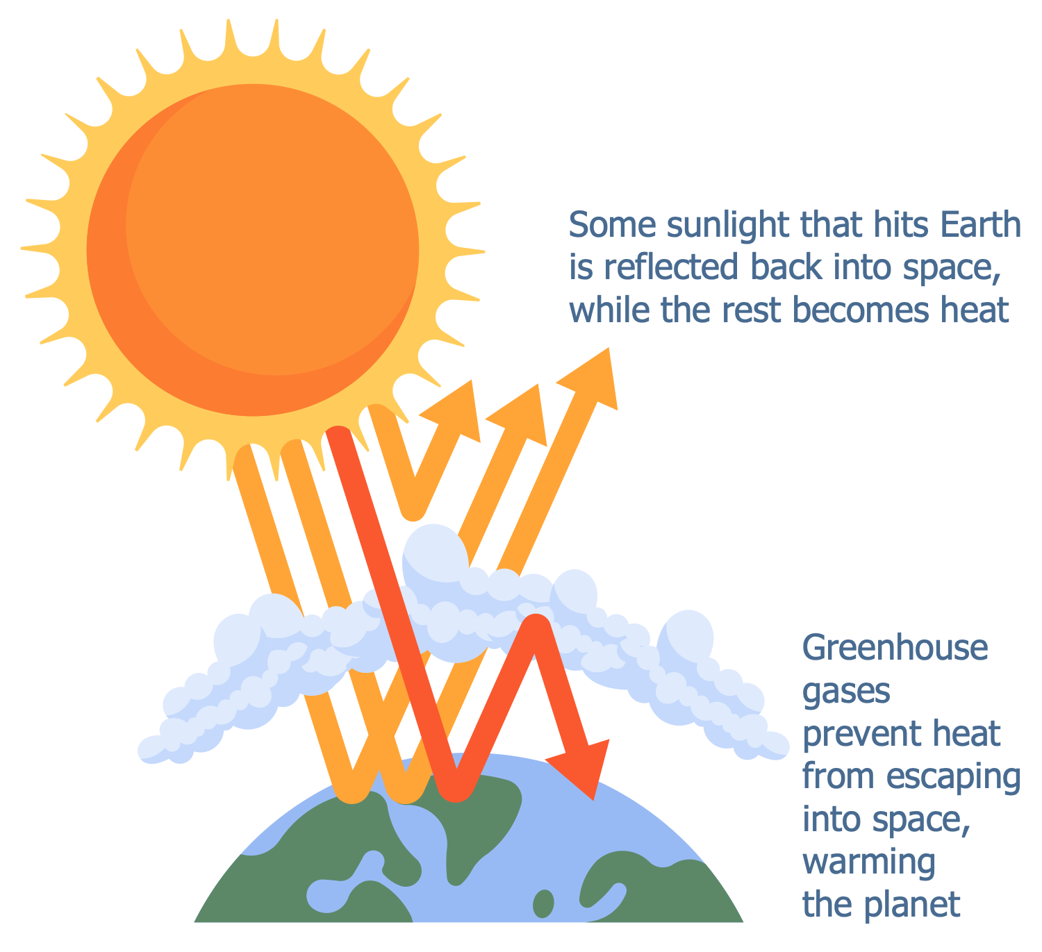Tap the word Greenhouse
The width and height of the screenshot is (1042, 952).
(895, 648)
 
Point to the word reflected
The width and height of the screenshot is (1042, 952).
(670, 267)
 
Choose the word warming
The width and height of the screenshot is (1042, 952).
(868, 863)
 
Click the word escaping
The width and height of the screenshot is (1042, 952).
(953, 778)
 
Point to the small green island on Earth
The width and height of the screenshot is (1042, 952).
(543, 903)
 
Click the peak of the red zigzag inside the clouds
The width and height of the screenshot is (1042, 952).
(535, 625)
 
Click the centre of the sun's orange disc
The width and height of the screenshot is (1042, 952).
(253, 250)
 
